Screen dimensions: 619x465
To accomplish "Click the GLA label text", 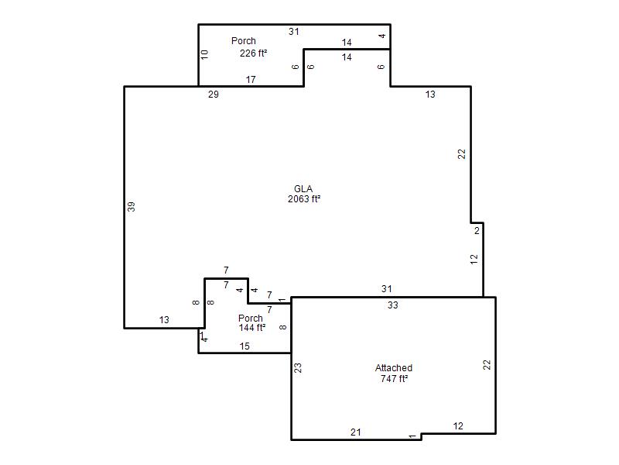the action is [303, 189].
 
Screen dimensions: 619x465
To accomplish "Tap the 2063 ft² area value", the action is [304, 199].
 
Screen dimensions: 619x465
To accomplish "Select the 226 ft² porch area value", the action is [254, 53].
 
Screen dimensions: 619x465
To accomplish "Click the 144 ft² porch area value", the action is [252, 328].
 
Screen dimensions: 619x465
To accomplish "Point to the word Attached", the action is [394, 368].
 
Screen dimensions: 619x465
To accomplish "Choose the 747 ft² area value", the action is [394, 379].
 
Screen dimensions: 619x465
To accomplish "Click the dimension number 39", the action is [132, 207].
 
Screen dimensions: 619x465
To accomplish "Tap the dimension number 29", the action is [214, 95].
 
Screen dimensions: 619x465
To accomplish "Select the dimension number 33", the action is [393, 305].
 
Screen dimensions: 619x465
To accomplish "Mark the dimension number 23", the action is [299, 367].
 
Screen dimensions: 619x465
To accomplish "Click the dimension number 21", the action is [356, 432].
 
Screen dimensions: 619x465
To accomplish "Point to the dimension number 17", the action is [251, 80].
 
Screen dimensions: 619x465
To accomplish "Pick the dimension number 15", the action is [245, 346].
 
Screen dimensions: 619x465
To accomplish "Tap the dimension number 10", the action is [204, 54].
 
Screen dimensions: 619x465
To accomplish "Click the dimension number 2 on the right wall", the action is [477, 230].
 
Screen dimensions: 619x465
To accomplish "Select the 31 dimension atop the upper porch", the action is [294, 32].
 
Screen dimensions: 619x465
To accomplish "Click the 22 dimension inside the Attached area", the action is [487, 364].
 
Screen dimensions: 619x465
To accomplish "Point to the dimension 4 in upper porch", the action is [381, 36].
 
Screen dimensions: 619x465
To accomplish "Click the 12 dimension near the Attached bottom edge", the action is [458, 426].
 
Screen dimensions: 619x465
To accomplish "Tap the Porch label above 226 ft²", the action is [244, 41].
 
